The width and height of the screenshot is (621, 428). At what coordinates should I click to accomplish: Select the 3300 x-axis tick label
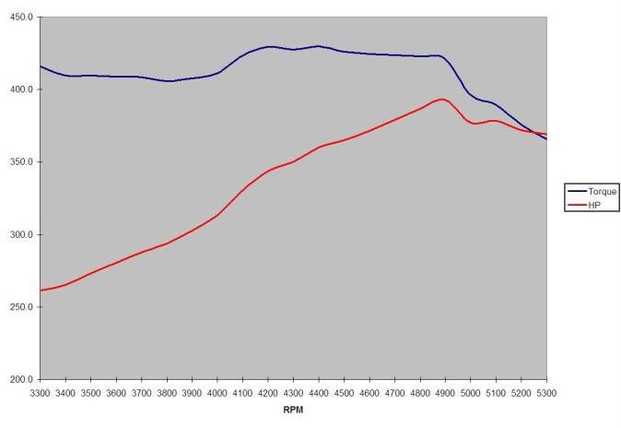tap(41, 392)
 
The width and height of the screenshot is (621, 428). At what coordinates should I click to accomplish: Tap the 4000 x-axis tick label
tap(217, 392)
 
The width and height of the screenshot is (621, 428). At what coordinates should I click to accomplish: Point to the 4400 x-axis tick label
tap(319, 392)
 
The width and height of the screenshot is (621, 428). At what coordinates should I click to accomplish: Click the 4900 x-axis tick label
tap(445, 392)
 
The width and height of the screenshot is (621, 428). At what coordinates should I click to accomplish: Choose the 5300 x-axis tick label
tap(545, 392)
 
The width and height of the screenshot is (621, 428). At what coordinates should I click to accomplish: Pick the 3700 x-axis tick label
tap(142, 392)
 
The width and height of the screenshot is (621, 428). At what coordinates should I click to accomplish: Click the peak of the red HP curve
tap(442, 99)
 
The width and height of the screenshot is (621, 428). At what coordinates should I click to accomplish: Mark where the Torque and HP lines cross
tap(535, 133)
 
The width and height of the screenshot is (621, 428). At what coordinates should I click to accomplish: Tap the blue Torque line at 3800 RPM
tap(167, 81)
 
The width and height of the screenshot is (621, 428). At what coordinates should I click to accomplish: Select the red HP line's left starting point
tap(41, 291)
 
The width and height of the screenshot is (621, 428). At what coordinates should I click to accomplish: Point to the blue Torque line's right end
tap(546, 138)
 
